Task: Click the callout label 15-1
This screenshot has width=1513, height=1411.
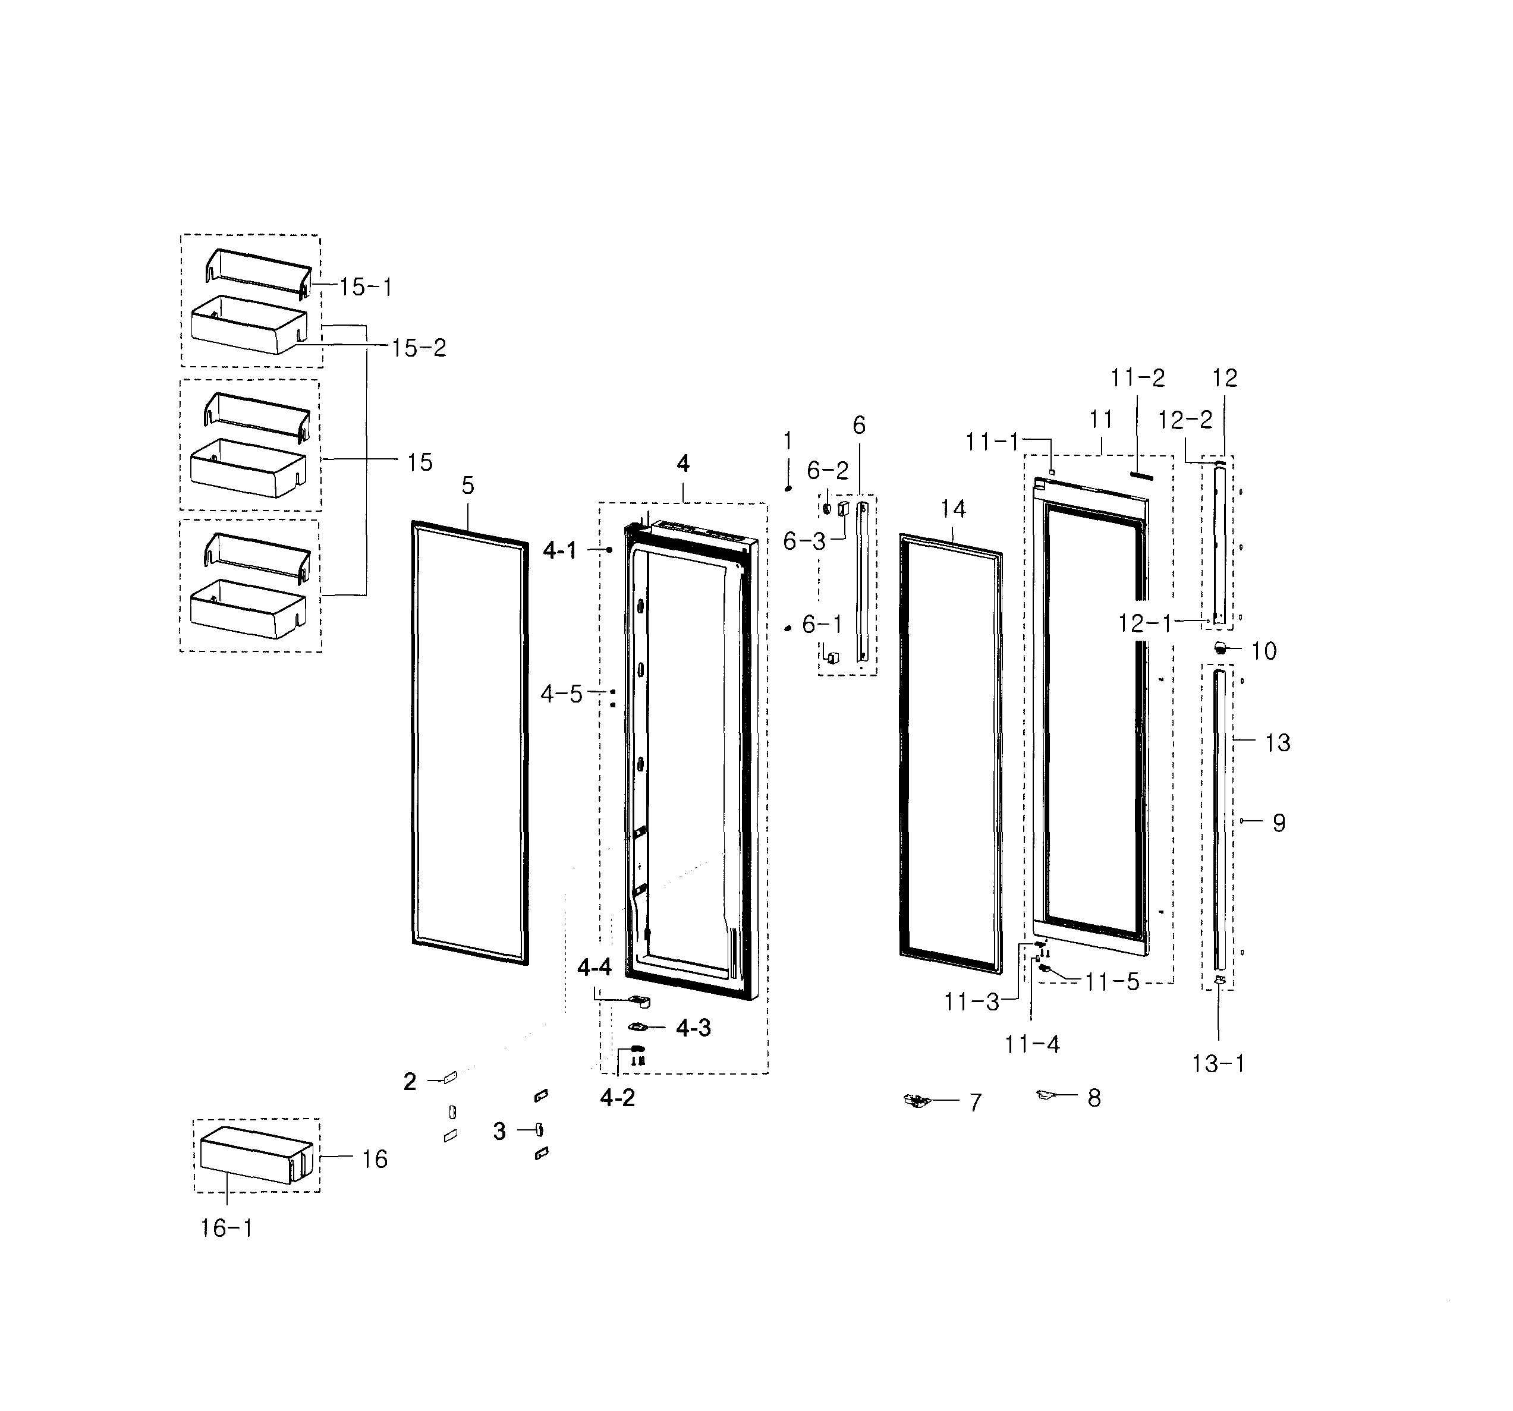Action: pyautogui.click(x=365, y=287)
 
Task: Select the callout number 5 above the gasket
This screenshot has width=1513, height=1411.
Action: pyautogui.click(x=468, y=485)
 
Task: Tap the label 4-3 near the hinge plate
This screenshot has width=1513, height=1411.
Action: pyautogui.click(x=693, y=1028)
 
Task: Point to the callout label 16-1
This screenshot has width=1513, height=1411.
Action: pyautogui.click(x=226, y=1227)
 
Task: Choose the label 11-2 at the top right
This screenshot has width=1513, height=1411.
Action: pyautogui.click(x=1137, y=377)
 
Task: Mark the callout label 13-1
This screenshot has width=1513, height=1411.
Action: pyautogui.click(x=1218, y=1063)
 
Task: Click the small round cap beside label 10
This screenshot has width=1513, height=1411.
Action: pyautogui.click(x=1220, y=648)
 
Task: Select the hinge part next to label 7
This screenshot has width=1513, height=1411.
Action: pyautogui.click(x=917, y=1100)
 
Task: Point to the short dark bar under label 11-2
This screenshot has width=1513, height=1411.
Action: pyautogui.click(x=1141, y=475)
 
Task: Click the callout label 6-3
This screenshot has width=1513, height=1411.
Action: pyautogui.click(x=804, y=541)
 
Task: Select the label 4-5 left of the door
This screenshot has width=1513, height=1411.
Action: pyautogui.click(x=561, y=694)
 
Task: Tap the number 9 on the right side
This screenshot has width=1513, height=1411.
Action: pyautogui.click(x=1279, y=823)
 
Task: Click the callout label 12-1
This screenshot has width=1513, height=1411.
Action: pyautogui.click(x=1144, y=623)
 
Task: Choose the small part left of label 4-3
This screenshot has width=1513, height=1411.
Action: pyautogui.click(x=637, y=1028)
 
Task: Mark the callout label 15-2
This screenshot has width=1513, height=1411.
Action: pyautogui.click(x=419, y=348)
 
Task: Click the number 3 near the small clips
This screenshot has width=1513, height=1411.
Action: pyautogui.click(x=499, y=1132)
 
